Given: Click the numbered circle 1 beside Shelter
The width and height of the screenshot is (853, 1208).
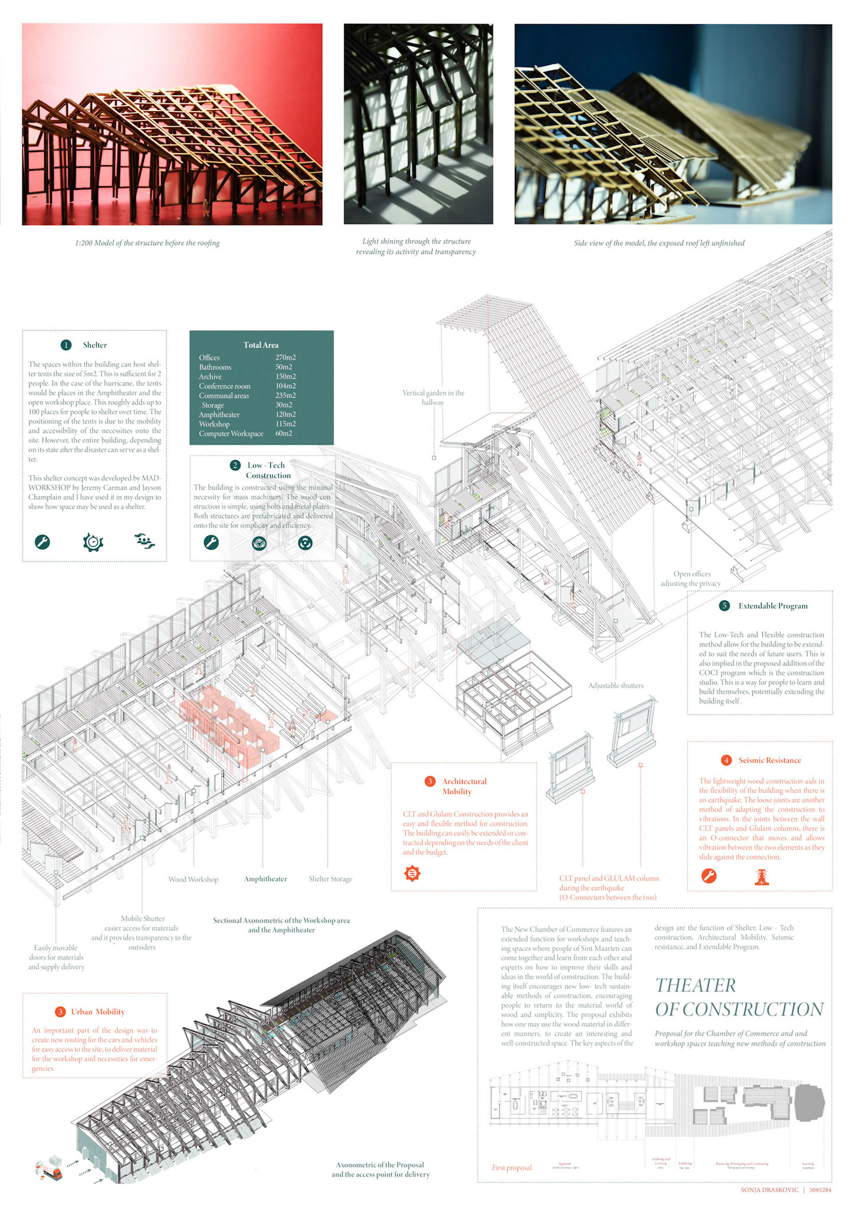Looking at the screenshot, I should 66,345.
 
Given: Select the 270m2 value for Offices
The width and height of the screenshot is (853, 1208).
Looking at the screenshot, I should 286,357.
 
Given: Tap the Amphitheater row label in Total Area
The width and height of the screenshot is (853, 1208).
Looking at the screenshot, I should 219,415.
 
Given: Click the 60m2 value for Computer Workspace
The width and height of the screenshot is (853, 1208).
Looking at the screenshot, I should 284,434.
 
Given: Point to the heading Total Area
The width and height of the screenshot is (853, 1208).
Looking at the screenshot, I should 261,345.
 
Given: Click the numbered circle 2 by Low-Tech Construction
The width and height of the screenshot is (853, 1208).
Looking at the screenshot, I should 235,465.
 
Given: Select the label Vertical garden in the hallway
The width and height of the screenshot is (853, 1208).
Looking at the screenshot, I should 433,398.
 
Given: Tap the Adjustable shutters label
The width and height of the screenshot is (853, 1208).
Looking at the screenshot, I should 615,685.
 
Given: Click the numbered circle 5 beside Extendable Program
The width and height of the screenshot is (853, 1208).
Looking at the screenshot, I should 724,606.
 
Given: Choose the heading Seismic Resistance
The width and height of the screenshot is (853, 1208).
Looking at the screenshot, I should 769,760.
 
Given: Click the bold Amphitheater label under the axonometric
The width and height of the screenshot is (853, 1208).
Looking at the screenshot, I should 265,879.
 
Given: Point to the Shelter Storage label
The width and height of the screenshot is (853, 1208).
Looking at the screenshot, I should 330,879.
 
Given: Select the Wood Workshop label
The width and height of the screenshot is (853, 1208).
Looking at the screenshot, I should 193,879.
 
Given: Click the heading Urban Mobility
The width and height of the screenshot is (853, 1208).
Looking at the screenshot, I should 98,1012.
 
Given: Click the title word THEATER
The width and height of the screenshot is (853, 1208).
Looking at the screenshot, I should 695,985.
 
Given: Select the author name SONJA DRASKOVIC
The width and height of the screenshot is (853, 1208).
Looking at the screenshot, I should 769,1190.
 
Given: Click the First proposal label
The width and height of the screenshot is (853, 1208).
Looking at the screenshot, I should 511,1167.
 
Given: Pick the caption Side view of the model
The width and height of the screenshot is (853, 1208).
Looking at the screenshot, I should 659,243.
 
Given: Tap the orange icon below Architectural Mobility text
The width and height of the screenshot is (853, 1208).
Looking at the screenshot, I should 412,873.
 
